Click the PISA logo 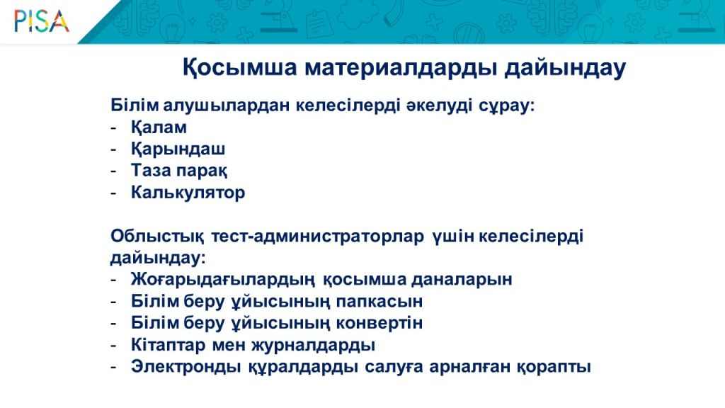(42, 22)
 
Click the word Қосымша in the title (239, 68)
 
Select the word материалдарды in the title (401, 68)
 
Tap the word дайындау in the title (565, 68)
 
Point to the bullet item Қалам (159, 127)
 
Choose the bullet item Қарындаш (178, 149)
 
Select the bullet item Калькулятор (188, 193)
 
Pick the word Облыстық (156, 237)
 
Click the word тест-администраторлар (317, 237)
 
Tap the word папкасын (379, 302)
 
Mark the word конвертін (379, 323)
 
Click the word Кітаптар (168, 345)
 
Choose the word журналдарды (313, 345)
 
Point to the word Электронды (186, 366)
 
